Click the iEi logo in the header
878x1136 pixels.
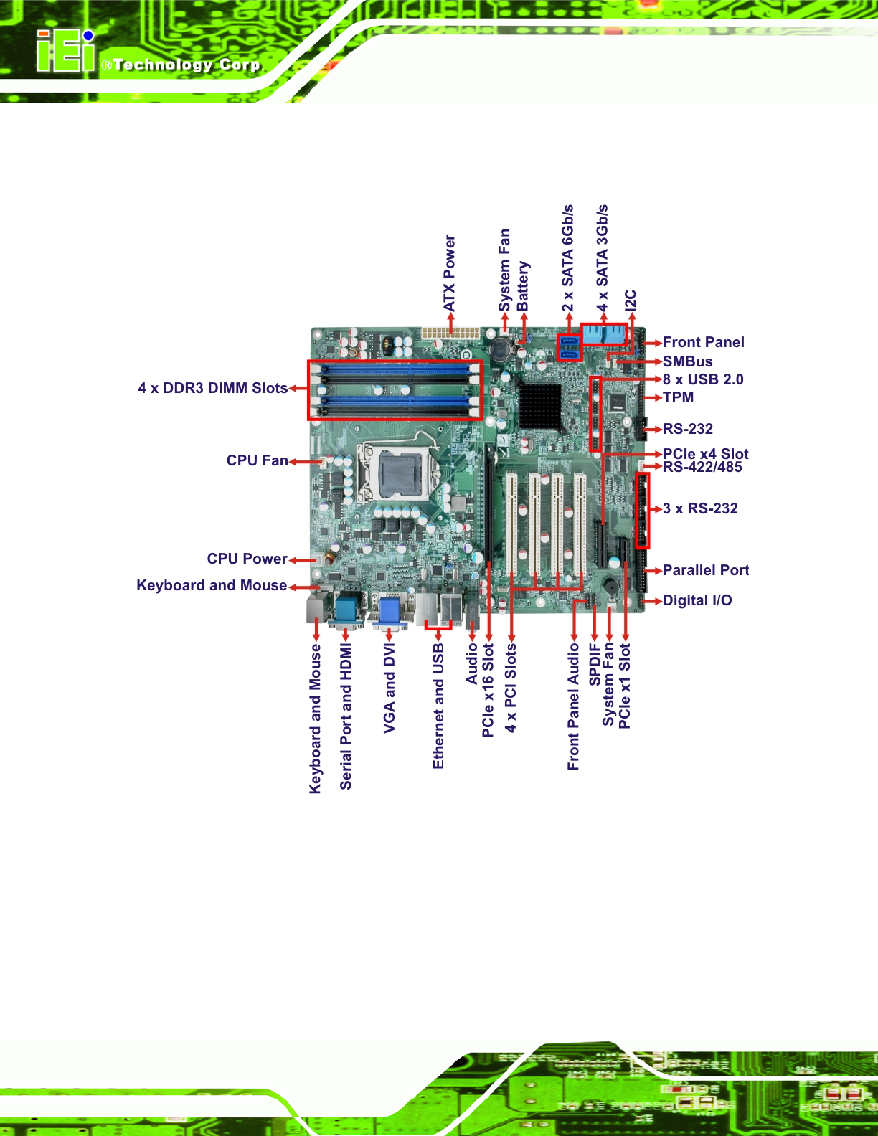66,50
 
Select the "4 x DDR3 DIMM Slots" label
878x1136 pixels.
213,388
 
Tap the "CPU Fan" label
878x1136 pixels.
258,460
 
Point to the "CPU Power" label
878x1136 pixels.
247,559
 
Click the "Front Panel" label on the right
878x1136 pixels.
704,342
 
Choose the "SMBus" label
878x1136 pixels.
688,361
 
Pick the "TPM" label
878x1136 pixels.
679,397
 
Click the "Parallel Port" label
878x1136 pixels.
706,570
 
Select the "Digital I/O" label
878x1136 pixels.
697,600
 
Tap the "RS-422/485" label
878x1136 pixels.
702,467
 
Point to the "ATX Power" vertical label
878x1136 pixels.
449,273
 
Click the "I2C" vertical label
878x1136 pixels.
631,300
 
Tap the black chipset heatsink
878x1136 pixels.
539,404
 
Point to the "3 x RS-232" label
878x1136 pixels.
700,508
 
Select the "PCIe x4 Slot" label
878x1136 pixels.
705,453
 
